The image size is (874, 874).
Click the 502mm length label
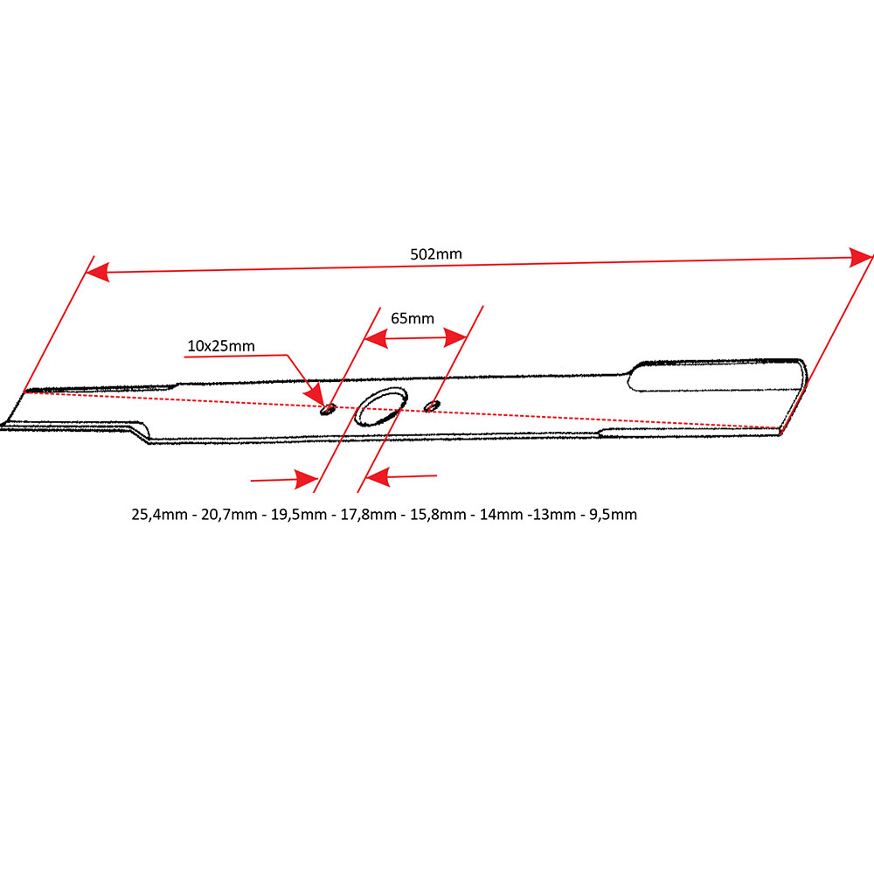pos(435,254)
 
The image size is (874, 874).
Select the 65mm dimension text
pos(413,318)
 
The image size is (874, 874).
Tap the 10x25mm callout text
pos(221,346)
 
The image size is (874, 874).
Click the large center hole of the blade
pos(379,406)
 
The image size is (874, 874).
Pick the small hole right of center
pos(431,405)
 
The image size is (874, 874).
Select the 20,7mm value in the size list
pos(230,515)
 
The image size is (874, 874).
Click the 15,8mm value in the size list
pos(438,515)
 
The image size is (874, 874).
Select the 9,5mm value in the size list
pos(613,515)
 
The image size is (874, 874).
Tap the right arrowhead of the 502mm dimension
pos(862,256)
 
